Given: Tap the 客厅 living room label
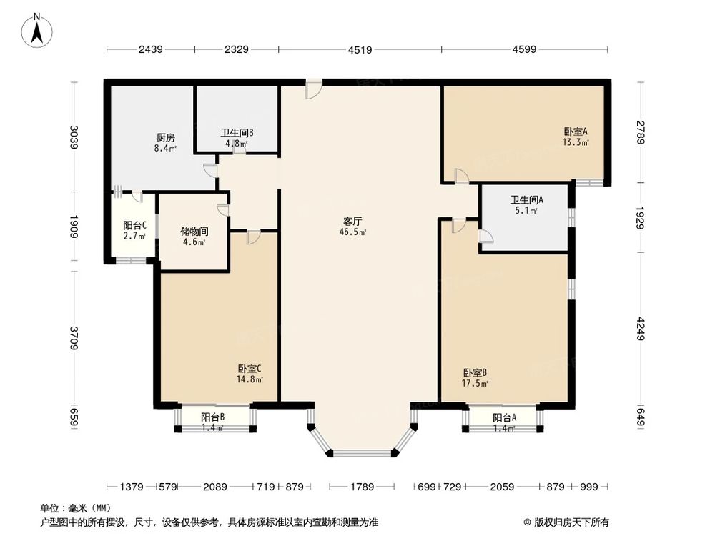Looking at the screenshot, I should click(353, 221).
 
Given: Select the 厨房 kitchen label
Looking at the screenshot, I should click(165, 138).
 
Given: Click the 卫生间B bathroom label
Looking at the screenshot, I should click(237, 132).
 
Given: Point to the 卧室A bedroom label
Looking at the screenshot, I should click(576, 131).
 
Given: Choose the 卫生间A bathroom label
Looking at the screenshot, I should click(526, 200).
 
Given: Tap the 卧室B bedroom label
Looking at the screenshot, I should click(475, 372).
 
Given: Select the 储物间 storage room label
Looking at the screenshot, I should click(193, 232).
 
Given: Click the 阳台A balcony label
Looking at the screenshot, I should click(504, 418).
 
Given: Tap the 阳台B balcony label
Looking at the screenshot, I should click(212, 417).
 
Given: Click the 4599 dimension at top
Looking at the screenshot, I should click(524, 49).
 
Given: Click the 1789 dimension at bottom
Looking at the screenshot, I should click(362, 487).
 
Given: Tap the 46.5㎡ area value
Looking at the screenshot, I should click(353, 232).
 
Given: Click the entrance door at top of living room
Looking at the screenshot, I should click(313, 89).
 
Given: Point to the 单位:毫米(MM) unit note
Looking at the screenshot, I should click(76, 508).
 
